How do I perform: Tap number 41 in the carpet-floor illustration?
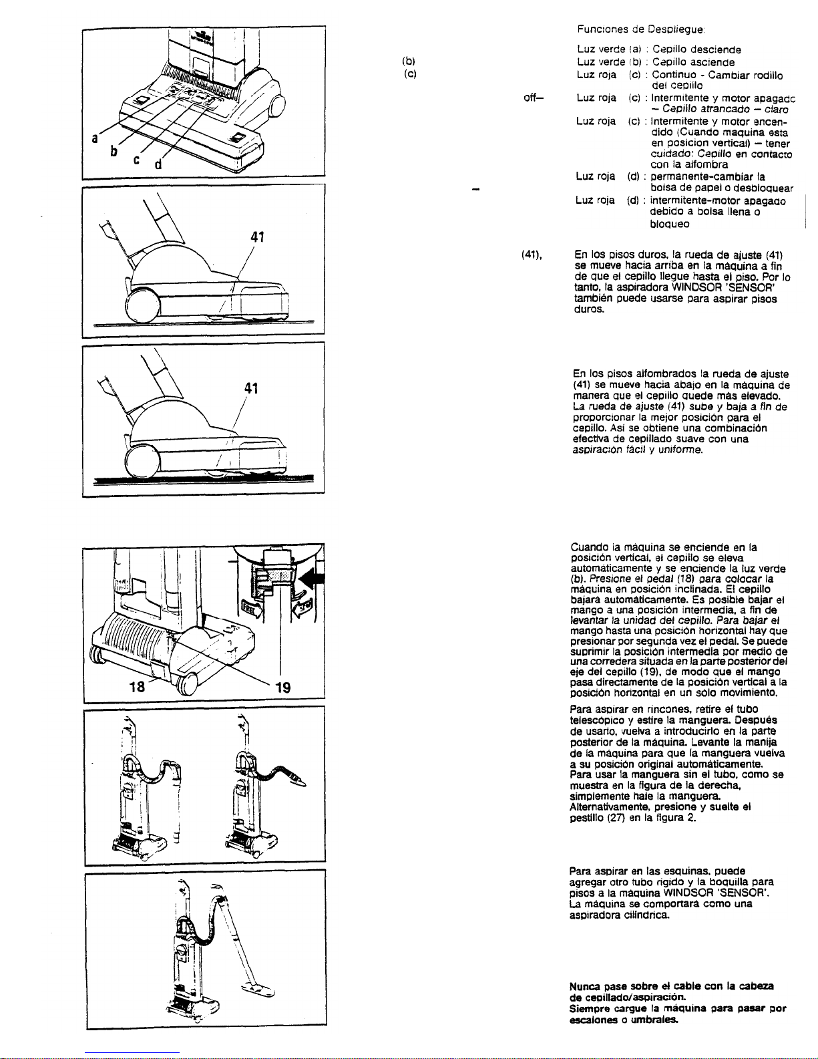251,388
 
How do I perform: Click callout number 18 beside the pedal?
137,688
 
